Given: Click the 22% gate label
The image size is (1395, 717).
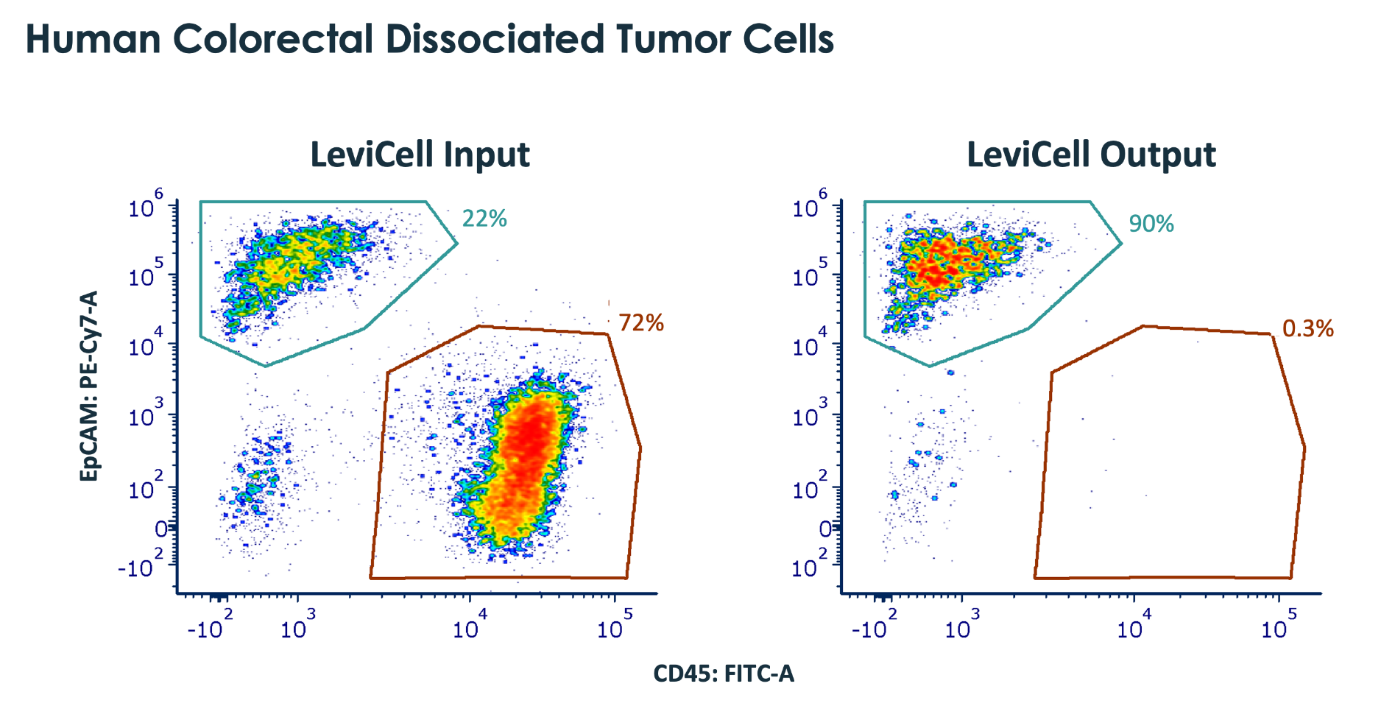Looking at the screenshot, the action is coord(484,219).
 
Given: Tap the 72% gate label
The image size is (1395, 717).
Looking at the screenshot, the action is coord(641,323).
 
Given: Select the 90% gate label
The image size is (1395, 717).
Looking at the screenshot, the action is coord(1151,224).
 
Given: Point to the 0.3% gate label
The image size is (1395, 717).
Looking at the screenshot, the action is coord(1308,328).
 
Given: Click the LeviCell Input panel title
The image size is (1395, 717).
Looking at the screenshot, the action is coord(420,155).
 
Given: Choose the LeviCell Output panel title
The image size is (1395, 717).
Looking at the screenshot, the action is coord(1091,155).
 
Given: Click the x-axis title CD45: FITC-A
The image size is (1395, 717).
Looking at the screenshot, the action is coord(724,674).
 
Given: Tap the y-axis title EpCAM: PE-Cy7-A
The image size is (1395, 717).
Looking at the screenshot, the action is coord(89,386).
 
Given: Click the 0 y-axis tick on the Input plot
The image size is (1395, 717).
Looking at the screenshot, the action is coord(161,529).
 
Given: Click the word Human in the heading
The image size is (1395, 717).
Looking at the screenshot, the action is coord(93,39).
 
